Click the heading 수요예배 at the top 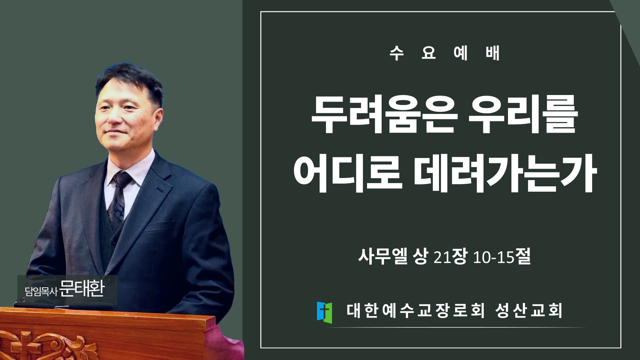(445, 53)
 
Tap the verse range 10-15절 (502, 257)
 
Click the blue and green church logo (324, 313)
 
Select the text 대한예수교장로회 (415, 311)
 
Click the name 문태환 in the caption (82, 289)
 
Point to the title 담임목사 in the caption (41, 291)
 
